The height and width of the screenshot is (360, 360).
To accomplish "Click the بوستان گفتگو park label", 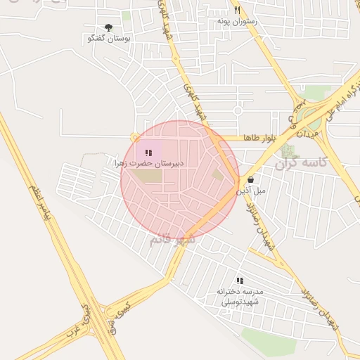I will coord(107,38).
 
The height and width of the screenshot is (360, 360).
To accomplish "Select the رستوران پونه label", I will coord(237,21).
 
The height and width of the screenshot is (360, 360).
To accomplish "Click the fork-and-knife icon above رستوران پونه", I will coord(237,11).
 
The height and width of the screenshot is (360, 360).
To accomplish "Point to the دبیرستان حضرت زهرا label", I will coord(149,163).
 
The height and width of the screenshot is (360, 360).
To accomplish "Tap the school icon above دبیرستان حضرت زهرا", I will coord(148,153).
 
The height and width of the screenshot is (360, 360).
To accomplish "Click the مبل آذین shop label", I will coord(251,191).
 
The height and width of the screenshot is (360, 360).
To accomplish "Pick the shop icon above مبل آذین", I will coord(250,180).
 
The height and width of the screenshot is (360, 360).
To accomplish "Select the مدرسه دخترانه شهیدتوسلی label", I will coord(240,296).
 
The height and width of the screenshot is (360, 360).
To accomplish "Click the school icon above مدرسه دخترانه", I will coord(240,281).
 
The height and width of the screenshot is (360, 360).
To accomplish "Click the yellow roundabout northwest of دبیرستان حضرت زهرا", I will coord(133,138).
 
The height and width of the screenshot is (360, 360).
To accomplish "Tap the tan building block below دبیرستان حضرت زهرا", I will coord(148,175).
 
